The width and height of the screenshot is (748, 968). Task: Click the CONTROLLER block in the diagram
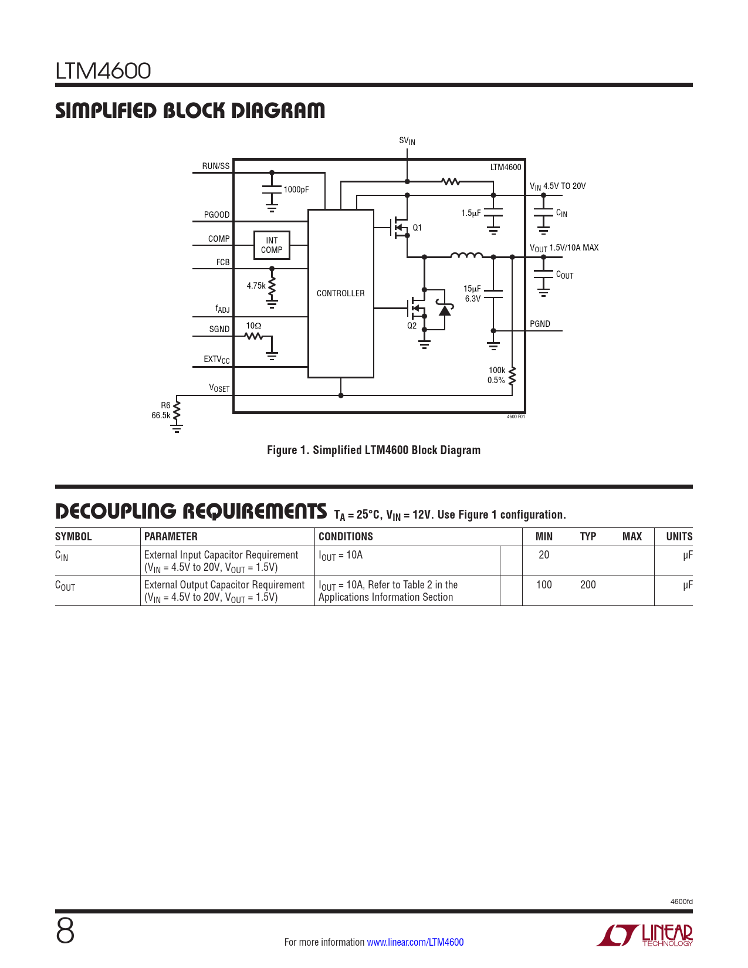(x=340, y=293)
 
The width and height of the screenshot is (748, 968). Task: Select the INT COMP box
(x=272, y=245)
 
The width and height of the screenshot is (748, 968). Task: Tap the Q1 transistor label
(x=417, y=228)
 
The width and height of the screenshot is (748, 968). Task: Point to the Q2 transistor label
(x=412, y=326)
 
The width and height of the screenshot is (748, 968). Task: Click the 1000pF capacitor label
(x=296, y=189)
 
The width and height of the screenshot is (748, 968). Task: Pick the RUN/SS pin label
(x=216, y=166)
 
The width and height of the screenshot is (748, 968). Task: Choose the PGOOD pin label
(x=216, y=215)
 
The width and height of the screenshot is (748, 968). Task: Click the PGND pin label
(x=540, y=324)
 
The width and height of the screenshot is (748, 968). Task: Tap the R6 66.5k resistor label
(x=161, y=410)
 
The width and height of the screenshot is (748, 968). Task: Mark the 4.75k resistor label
(x=256, y=286)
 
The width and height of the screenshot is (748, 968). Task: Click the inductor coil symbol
(x=466, y=255)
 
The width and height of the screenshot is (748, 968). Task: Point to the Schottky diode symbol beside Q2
(x=445, y=309)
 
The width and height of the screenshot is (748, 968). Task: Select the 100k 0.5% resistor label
(x=496, y=375)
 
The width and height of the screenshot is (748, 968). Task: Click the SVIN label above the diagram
(x=407, y=141)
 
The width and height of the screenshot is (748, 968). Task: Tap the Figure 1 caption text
(x=374, y=450)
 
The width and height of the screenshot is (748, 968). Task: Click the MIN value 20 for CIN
(x=543, y=554)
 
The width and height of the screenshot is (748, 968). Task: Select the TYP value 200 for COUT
(x=588, y=584)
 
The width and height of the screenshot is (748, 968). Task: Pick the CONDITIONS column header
(x=346, y=536)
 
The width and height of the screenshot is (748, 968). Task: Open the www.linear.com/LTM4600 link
(x=415, y=942)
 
